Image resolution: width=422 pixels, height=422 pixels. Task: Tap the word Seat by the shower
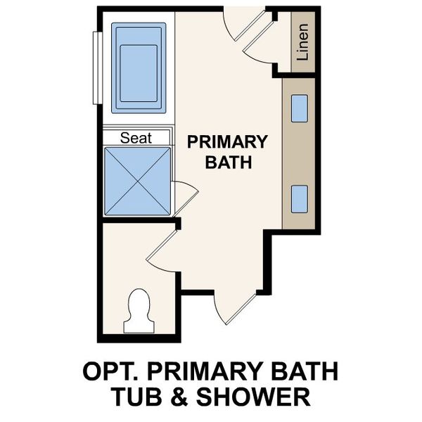pos(136,138)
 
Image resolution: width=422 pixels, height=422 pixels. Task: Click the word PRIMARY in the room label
pos(227,142)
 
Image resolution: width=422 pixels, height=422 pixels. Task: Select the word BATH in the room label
pos(227,163)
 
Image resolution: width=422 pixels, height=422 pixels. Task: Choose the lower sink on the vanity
pos(299,198)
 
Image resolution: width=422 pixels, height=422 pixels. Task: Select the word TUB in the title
pos(139,397)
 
